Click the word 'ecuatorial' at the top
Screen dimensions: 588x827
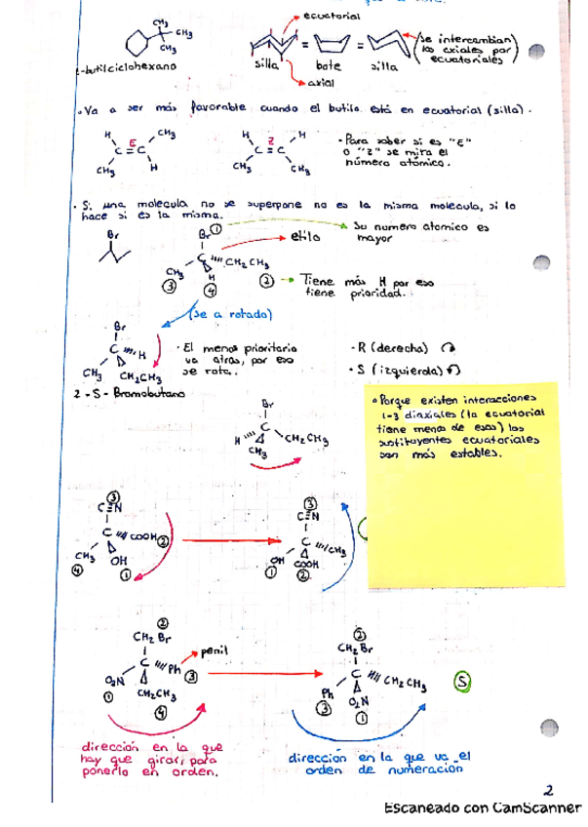[333, 17]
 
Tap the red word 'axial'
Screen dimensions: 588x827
[307, 85]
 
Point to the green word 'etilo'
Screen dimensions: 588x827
[305, 236]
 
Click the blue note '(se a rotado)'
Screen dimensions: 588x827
[231, 314]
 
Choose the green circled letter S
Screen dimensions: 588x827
[462, 682]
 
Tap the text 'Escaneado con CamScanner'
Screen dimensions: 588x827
[483, 808]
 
